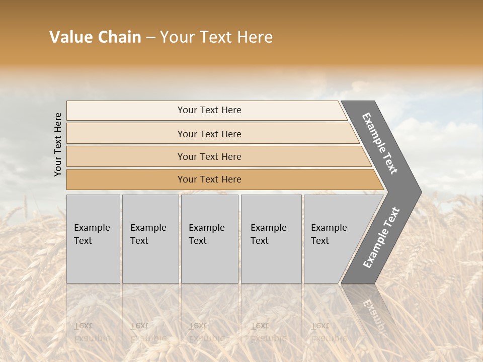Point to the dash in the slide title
(x=150, y=38)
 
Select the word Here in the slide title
(x=255, y=37)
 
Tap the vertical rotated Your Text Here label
(x=58, y=144)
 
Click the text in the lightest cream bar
(x=209, y=110)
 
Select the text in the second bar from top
(x=209, y=134)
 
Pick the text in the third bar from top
(x=209, y=156)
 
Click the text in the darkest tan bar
(x=209, y=179)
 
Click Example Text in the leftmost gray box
(x=92, y=234)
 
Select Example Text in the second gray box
(x=148, y=234)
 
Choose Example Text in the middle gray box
(x=206, y=234)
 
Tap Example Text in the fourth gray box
(x=268, y=234)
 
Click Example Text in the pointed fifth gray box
(x=329, y=234)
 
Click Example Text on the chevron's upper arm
(x=380, y=143)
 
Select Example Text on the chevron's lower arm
(x=381, y=238)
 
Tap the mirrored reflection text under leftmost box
(x=92, y=332)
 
